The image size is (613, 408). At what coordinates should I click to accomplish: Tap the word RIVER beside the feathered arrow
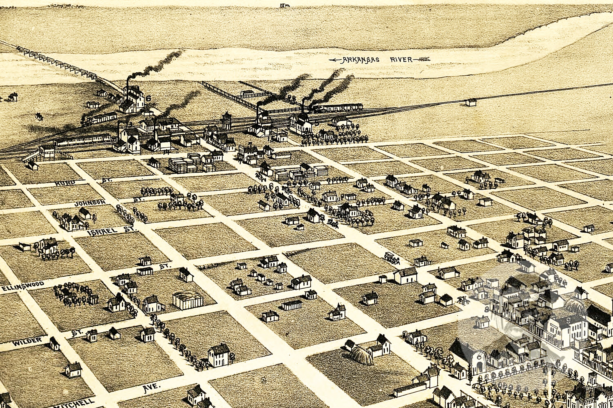(x=401, y=60)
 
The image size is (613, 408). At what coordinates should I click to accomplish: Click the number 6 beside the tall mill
(x=149, y=98)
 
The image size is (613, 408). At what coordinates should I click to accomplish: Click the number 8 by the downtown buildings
(x=486, y=309)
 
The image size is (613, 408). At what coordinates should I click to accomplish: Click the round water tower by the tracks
(x=226, y=121)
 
